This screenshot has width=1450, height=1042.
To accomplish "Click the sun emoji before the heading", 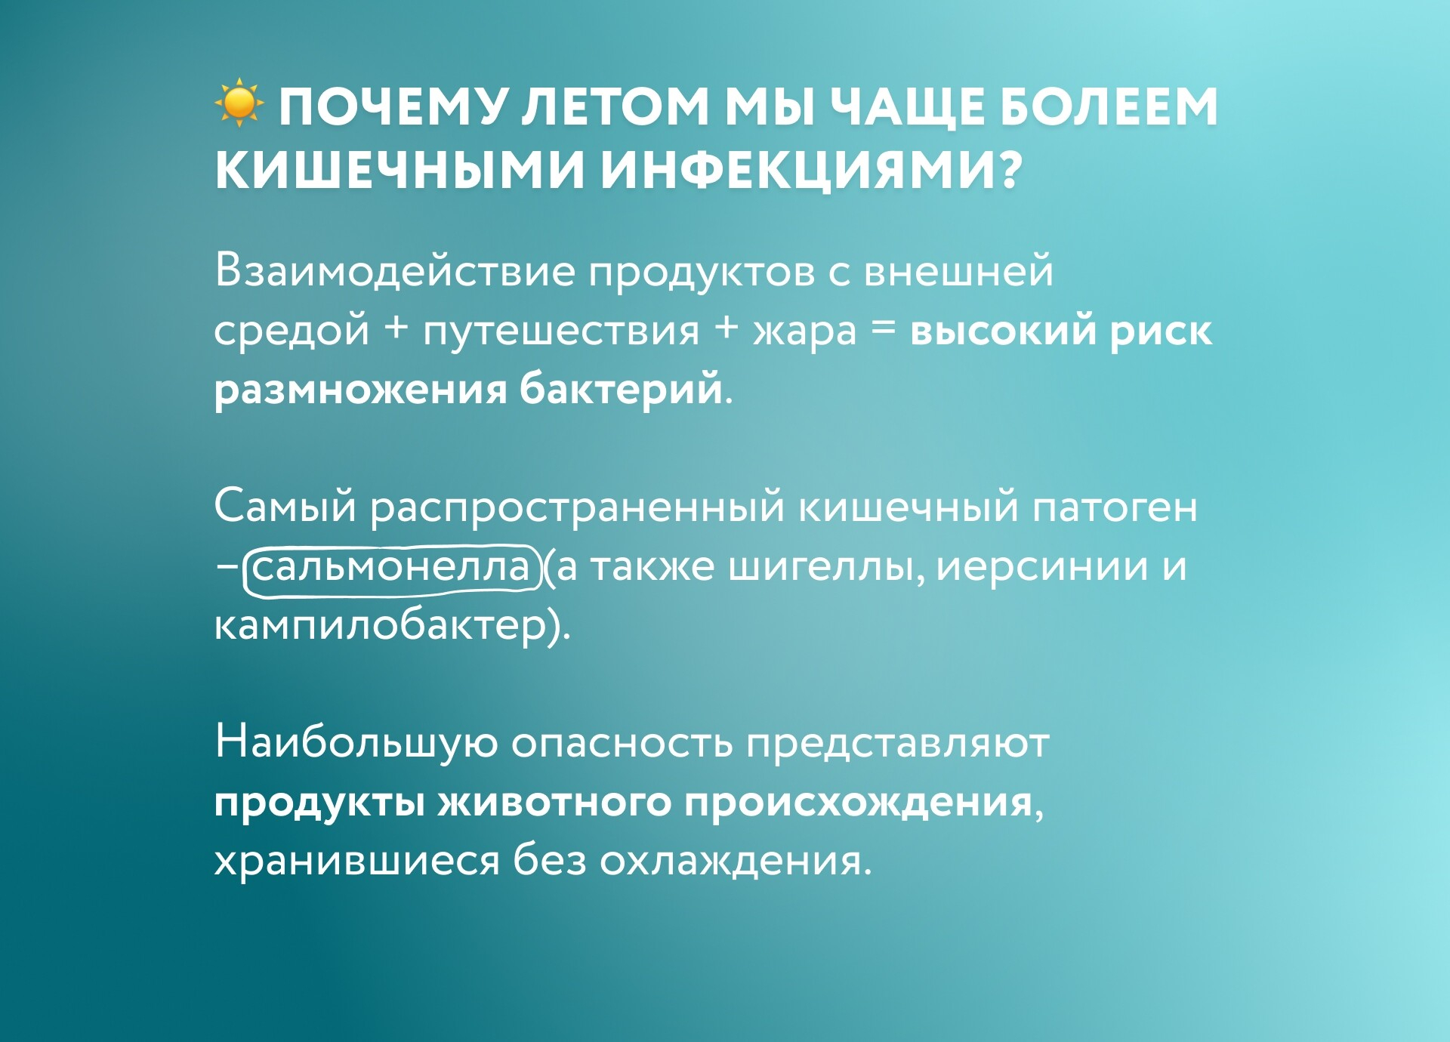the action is (239, 102).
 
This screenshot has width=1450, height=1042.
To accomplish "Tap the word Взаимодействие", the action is (394, 270).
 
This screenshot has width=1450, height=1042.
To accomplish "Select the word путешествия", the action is (561, 331).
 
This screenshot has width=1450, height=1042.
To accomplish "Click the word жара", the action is (805, 331).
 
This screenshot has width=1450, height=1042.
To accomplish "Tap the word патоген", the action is (1114, 507).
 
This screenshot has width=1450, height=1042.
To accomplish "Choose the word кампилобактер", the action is (380, 625).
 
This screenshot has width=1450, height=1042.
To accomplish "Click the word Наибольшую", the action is (356, 741).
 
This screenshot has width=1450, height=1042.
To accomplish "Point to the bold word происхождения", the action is (859, 802).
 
